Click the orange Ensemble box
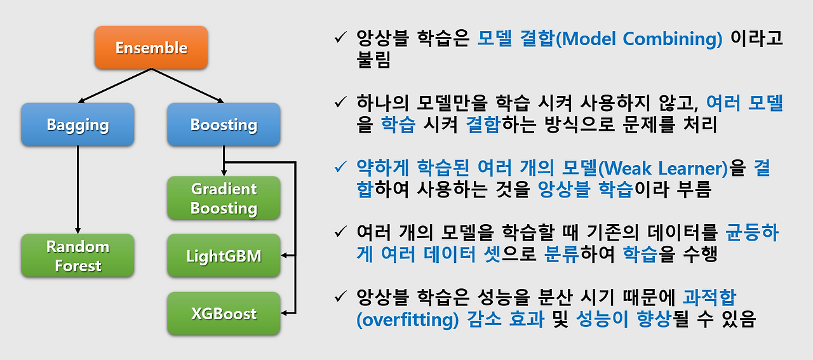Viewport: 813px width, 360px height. [151, 47]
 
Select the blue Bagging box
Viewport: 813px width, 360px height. [77, 124]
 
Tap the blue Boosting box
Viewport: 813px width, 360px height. [224, 124]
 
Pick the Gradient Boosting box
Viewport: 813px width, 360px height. [224, 198]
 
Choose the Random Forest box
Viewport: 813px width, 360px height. [77, 255]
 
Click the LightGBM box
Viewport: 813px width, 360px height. [224, 255]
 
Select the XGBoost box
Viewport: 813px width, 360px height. [224, 313]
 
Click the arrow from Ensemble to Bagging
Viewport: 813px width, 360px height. [115, 86]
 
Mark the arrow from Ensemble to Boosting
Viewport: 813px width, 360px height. [187, 86]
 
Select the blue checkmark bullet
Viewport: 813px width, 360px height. [340, 167]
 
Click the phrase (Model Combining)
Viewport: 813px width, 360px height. [639, 39]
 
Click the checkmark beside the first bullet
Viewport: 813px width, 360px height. [340, 37]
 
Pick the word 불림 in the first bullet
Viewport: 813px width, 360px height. [373, 60]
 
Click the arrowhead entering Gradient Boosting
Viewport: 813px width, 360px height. [224, 173]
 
